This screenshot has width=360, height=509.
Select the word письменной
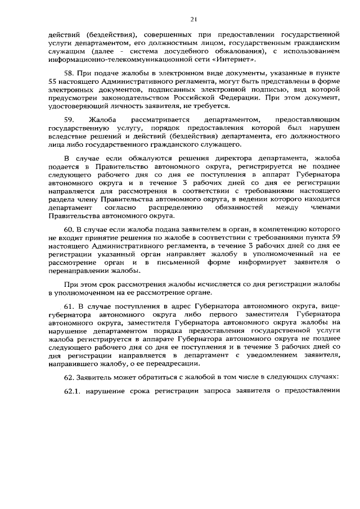tap(183, 262)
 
